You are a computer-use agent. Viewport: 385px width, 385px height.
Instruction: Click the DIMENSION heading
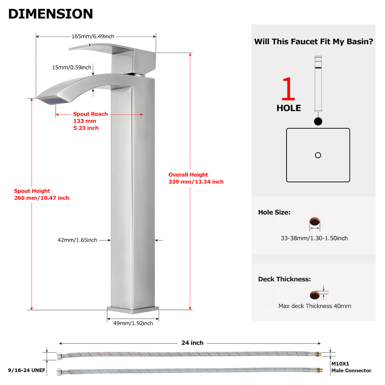(x=51, y=14)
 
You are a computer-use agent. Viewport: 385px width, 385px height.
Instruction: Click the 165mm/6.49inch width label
(x=93, y=36)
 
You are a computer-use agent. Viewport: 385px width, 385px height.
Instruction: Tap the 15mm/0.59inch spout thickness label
(x=71, y=67)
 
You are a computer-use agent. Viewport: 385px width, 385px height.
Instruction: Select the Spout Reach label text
(x=90, y=114)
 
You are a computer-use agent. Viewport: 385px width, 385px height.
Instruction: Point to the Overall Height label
(x=188, y=174)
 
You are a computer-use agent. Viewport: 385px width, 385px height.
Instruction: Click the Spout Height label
(x=32, y=191)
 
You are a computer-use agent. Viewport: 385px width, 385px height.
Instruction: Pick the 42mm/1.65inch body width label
(x=77, y=240)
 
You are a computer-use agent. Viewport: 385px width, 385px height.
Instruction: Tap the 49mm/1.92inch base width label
(x=133, y=323)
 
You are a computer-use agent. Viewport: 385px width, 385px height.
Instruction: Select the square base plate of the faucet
(x=133, y=310)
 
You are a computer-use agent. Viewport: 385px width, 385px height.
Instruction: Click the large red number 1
(x=288, y=89)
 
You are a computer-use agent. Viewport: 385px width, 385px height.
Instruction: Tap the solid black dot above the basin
(x=318, y=121)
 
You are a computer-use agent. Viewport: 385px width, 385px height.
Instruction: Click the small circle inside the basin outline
(x=318, y=155)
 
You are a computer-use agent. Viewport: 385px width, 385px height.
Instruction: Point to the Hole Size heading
(x=274, y=212)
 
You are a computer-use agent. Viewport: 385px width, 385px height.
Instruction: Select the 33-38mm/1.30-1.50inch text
(x=314, y=238)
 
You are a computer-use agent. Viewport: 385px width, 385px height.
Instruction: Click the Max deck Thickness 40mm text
(x=315, y=306)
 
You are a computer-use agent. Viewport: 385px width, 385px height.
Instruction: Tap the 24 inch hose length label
(x=192, y=343)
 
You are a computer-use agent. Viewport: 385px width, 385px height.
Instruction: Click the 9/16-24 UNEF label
(x=27, y=370)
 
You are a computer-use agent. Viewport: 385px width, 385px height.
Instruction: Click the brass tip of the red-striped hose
(x=318, y=354)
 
